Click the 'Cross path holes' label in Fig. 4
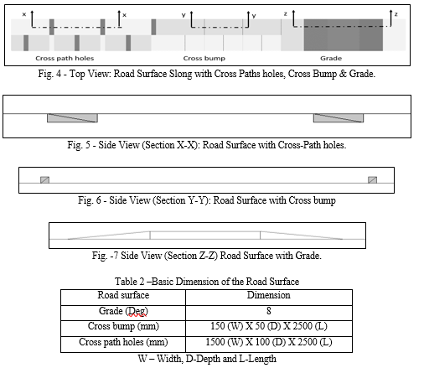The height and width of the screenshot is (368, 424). click(x=65, y=58)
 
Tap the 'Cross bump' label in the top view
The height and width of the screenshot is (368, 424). click(x=204, y=58)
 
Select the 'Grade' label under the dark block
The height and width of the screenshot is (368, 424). click(x=331, y=58)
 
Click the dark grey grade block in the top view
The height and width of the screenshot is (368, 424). click(x=344, y=35)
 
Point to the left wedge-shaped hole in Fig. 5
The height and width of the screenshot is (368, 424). click(x=72, y=118)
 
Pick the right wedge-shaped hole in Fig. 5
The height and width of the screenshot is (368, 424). click(x=339, y=118)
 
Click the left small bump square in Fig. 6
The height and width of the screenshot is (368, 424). click(x=44, y=179)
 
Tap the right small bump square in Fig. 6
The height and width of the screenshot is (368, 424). click(x=372, y=179)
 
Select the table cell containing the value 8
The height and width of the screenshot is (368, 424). click(x=269, y=313)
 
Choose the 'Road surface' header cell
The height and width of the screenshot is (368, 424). click(x=123, y=298)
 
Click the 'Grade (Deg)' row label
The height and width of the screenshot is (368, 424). click(x=123, y=311)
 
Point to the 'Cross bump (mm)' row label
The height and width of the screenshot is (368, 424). click(x=123, y=326)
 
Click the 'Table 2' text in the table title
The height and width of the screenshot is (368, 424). click(x=130, y=281)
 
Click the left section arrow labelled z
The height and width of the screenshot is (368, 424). click(x=293, y=18)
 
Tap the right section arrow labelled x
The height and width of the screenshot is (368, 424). click(x=119, y=19)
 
